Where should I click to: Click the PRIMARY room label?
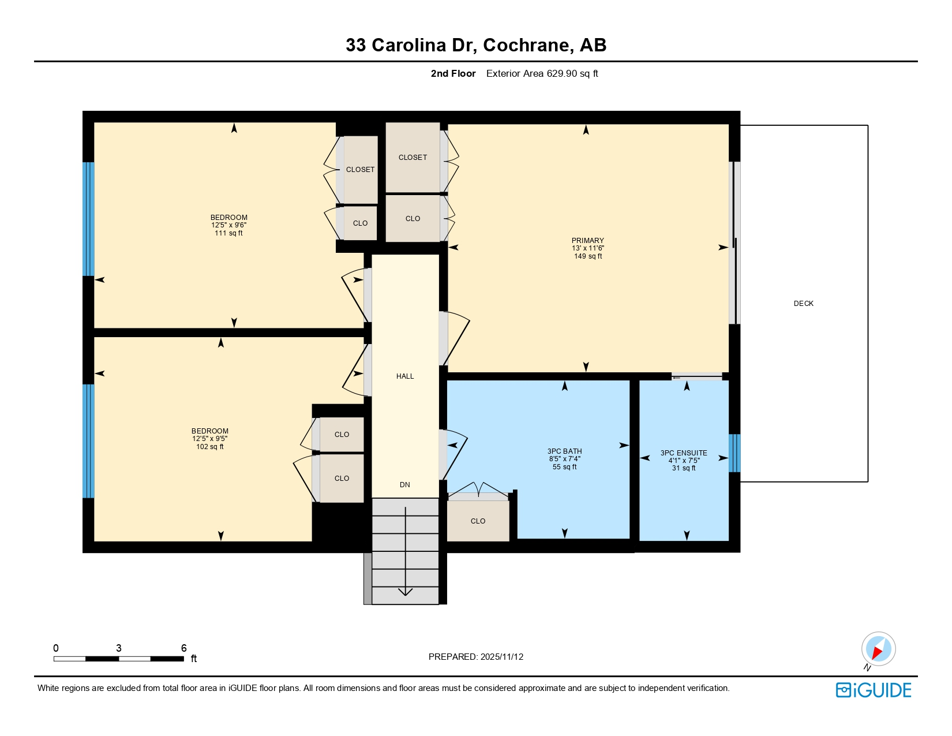coord(587,241)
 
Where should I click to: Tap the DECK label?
coord(803,304)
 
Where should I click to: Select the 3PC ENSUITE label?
coord(683,453)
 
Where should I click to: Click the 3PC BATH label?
coord(564,451)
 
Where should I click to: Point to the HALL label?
coord(405,376)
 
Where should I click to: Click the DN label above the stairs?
coord(405,485)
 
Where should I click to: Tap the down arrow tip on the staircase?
coord(406,593)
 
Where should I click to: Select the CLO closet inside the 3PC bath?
coord(478,521)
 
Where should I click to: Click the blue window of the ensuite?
coord(734,453)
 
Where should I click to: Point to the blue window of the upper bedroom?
coord(88,219)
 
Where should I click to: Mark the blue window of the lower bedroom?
coord(88,441)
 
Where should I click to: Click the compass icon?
coord(878,649)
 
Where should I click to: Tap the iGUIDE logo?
coord(874,690)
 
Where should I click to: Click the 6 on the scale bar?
coord(184,648)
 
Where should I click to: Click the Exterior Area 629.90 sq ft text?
coord(542,74)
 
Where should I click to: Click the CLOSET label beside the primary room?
coord(413,158)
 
